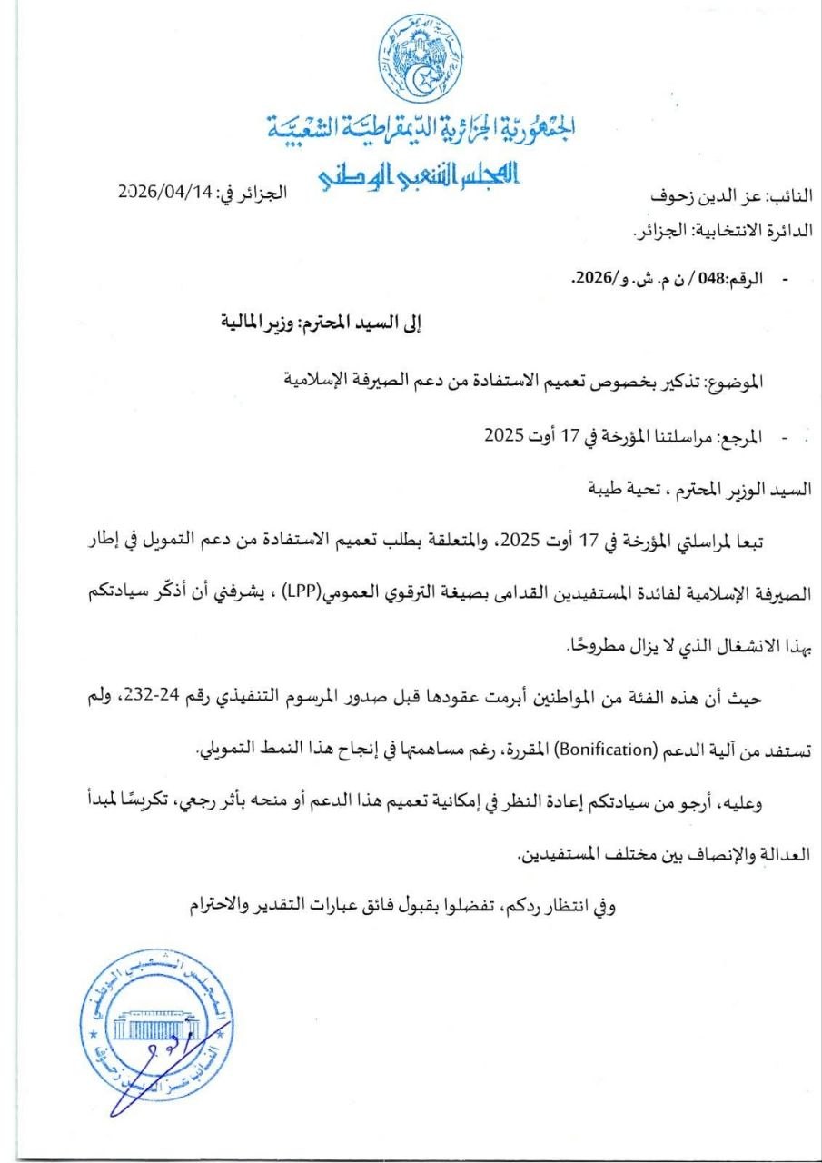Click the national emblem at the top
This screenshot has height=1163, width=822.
coord(421,59)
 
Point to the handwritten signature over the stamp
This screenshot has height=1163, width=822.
coord(159,1072)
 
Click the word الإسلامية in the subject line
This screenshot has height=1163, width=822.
coord(315,379)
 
